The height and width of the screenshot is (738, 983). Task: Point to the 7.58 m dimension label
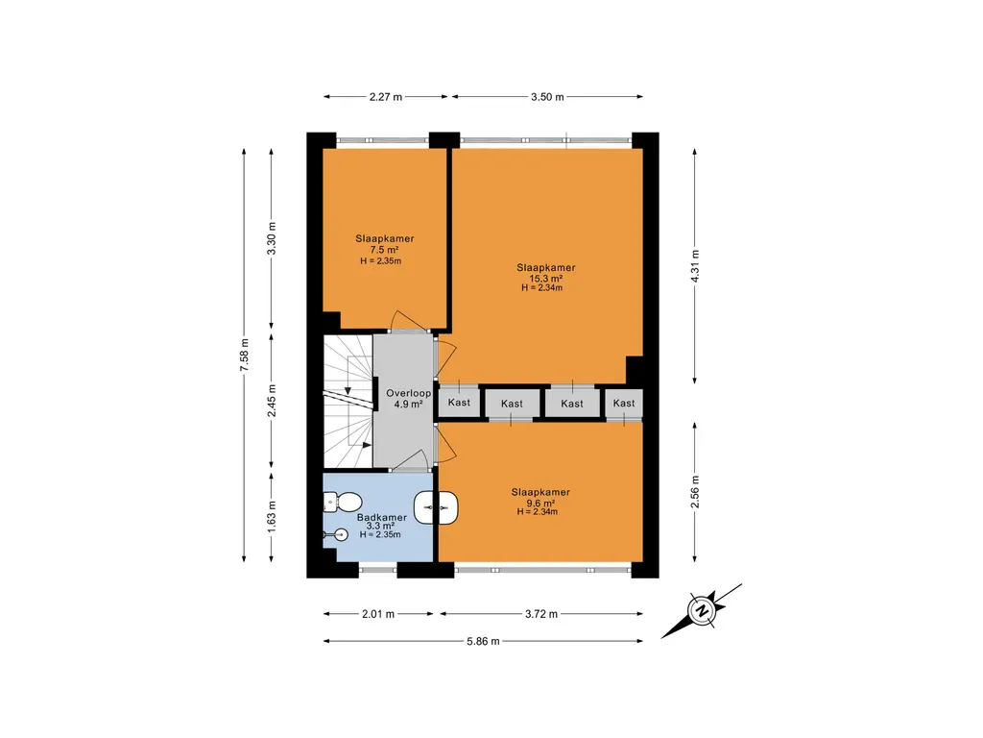pos(246,355)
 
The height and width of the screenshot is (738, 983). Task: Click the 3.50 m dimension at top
pos(547,97)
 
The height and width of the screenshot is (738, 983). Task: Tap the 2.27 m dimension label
pos(385,97)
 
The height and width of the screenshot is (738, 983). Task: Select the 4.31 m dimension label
pos(696,262)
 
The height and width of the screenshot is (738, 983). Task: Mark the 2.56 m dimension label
pos(696,492)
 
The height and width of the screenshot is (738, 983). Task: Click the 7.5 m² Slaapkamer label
pos(384,249)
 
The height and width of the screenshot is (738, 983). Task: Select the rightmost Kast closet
pos(624,404)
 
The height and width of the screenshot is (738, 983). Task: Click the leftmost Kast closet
pos(459,404)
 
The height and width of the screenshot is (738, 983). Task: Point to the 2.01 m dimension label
pos(378,614)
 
